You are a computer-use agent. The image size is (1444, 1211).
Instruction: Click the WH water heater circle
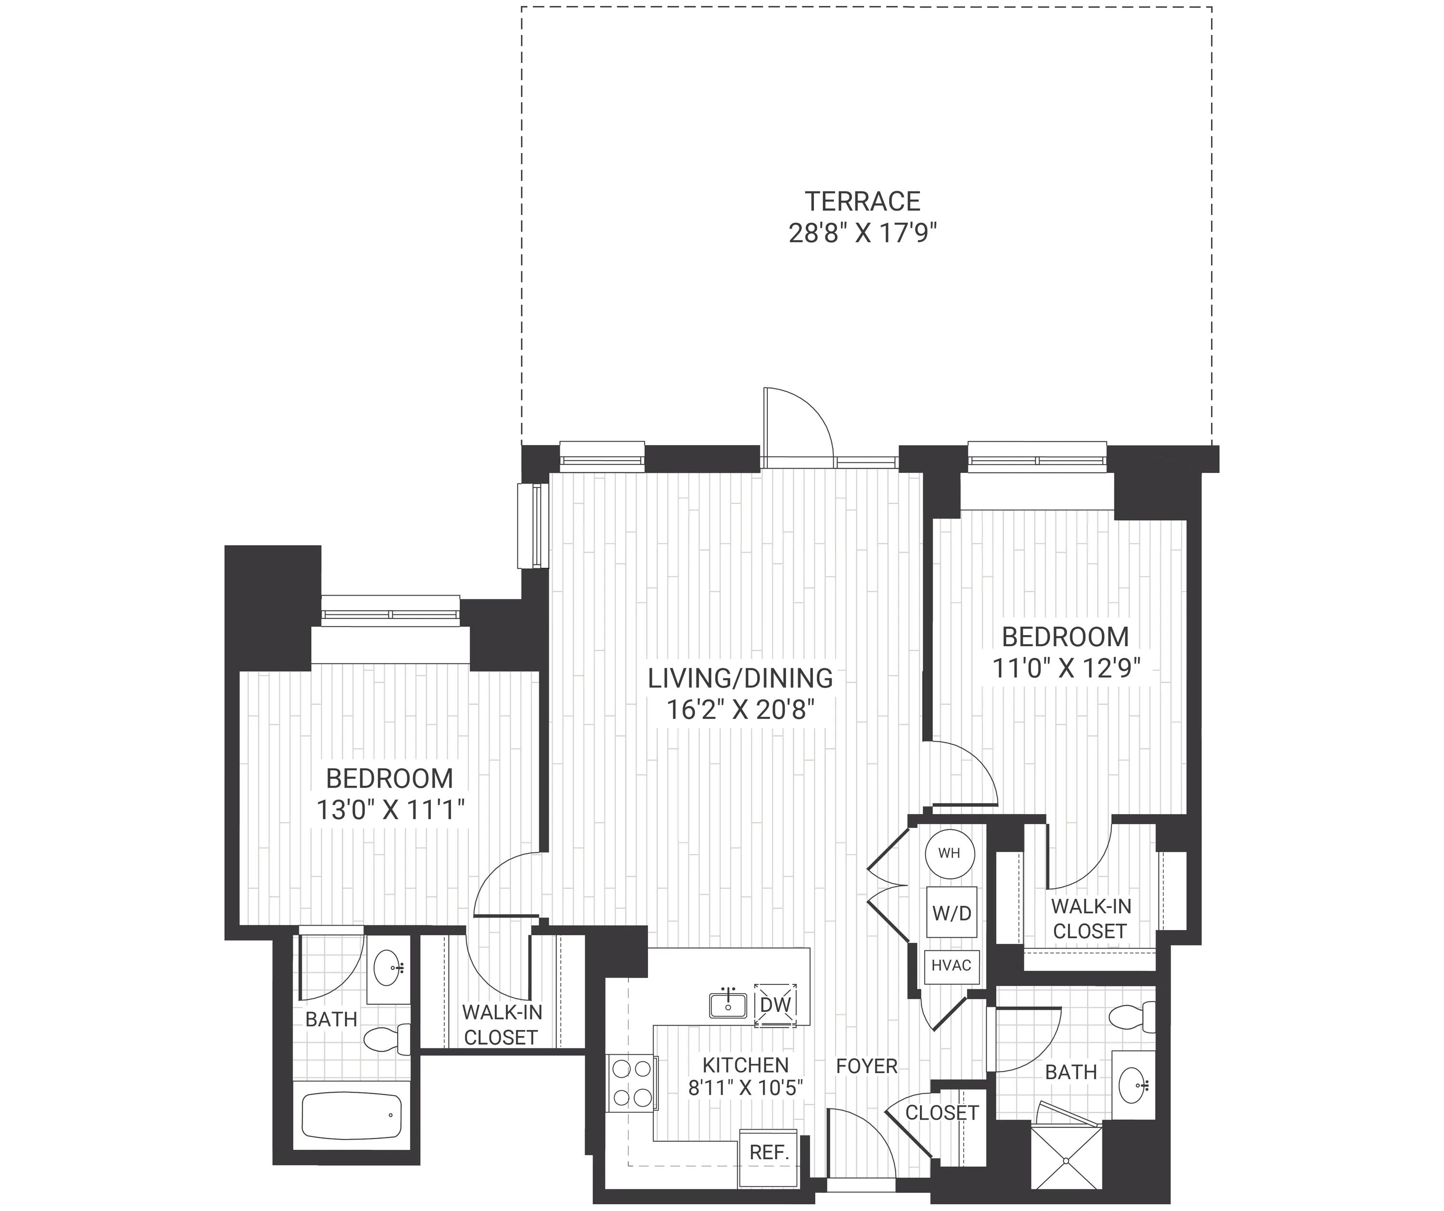(x=950, y=854)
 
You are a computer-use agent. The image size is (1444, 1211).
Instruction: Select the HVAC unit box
(x=951, y=966)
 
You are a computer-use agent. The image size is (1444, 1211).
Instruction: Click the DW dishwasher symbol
(x=775, y=1005)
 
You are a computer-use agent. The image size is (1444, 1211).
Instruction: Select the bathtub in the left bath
(x=351, y=1115)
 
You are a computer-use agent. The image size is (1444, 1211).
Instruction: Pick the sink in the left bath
(x=388, y=968)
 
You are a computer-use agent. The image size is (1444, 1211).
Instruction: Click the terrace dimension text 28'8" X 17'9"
(x=863, y=234)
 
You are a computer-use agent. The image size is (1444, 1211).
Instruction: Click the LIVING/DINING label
(x=741, y=678)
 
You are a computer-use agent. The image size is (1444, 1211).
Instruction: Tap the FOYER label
(x=866, y=1066)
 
